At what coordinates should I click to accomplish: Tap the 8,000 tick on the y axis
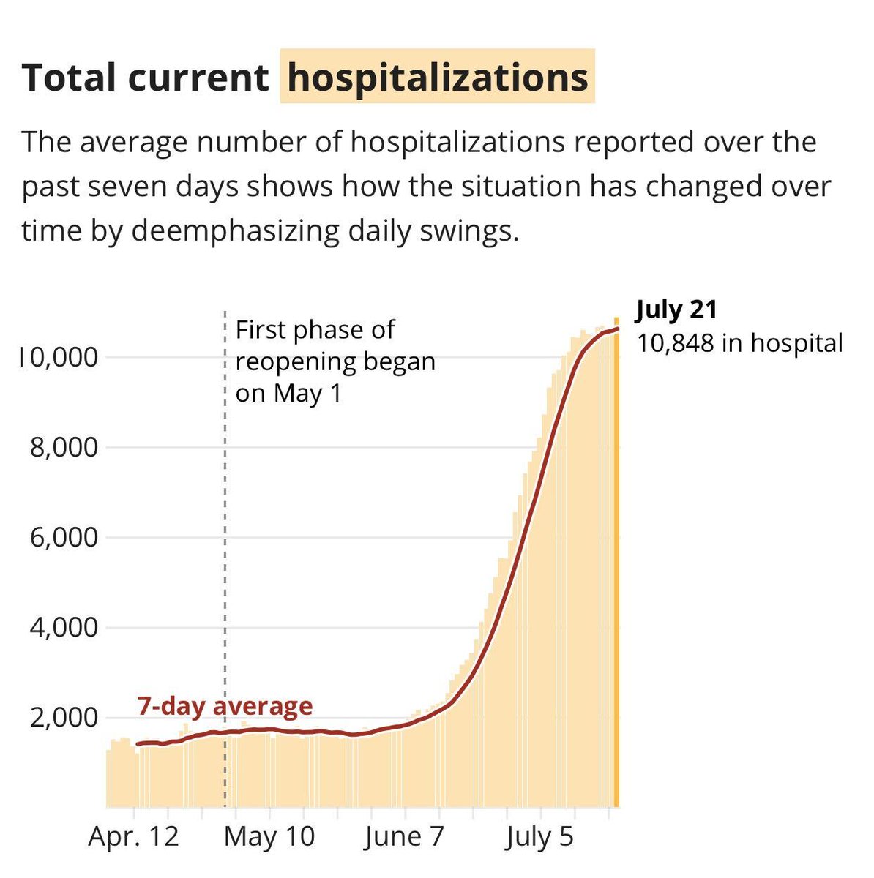[x=63, y=447]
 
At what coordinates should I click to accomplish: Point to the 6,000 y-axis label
[x=63, y=538]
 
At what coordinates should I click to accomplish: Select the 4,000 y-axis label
[x=63, y=628]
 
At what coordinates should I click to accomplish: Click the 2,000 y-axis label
[x=63, y=718]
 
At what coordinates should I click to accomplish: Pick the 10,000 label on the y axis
[x=59, y=358]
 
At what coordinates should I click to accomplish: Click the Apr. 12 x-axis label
[x=133, y=836]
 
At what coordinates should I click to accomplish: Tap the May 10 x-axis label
[x=269, y=836]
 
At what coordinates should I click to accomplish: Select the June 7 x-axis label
[x=404, y=836]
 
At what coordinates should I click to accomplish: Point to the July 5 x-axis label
[x=539, y=836]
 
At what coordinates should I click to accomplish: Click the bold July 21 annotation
[x=676, y=309]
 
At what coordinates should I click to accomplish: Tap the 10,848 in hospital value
[x=739, y=342]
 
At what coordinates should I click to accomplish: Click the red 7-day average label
[x=225, y=706]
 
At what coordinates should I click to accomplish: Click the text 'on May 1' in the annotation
[x=288, y=394]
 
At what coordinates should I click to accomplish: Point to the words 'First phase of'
[x=315, y=330]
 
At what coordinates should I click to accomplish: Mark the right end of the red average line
[x=617, y=329]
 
